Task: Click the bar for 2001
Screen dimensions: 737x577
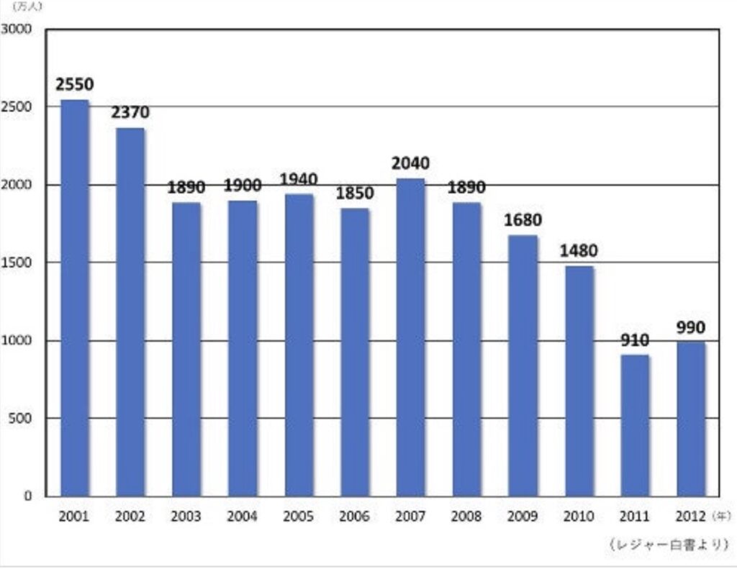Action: [x=74, y=298]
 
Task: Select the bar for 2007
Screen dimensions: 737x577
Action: [x=410, y=337]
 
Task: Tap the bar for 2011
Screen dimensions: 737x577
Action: [x=635, y=426]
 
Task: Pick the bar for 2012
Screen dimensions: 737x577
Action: [x=691, y=419]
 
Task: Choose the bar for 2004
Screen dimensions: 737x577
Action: [x=243, y=349]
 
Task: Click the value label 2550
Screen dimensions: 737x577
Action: [x=75, y=85]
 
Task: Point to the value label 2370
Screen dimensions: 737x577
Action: [x=130, y=113]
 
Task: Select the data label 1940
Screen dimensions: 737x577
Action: [x=299, y=179]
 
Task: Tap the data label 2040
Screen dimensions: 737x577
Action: [x=410, y=163]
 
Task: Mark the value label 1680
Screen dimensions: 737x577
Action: [x=523, y=220]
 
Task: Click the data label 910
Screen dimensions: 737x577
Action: [x=635, y=340]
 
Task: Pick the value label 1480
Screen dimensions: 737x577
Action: [x=579, y=251]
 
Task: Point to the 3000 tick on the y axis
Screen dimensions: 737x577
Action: [x=17, y=29]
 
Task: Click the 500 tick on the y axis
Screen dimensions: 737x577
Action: [x=20, y=418]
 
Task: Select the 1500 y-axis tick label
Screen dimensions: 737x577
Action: [x=17, y=263]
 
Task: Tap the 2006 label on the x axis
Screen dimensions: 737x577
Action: [x=354, y=517]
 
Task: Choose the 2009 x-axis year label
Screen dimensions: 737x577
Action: [x=523, y=517]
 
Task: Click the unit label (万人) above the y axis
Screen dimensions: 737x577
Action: [x=27, y=6]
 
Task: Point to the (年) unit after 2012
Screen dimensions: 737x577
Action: [x=721, y=516]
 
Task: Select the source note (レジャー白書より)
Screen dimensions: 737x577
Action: [x=669, y=545]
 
